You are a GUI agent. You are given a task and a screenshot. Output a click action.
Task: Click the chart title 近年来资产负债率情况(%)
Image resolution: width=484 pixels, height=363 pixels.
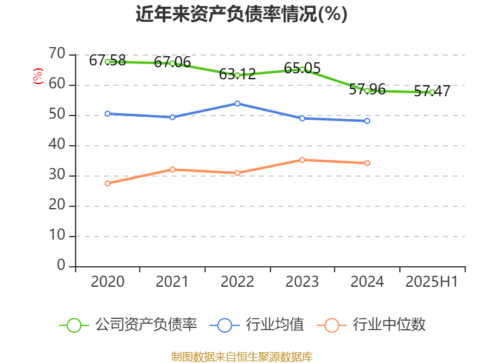241,15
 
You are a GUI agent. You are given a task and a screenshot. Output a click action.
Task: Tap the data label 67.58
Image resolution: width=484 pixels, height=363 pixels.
107,60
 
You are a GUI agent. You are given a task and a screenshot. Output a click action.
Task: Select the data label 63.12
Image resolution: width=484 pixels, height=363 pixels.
237,74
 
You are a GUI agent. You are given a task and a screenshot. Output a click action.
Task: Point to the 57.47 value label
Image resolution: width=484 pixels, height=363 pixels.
432,91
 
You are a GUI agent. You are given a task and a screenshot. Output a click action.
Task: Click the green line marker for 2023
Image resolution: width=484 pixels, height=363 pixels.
302,69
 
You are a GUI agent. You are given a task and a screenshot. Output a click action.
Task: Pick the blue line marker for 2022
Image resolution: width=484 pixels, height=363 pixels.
237,103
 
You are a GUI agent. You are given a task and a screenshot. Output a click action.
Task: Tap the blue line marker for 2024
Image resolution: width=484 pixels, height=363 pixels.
367,121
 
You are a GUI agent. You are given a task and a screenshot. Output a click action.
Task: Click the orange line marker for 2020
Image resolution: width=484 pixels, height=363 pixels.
107,183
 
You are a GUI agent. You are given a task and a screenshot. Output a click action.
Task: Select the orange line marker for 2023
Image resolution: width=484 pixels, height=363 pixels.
302,160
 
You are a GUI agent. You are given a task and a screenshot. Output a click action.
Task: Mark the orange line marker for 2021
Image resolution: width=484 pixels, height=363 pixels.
172,169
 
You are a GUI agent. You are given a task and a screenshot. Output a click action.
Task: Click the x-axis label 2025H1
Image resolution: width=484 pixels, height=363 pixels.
432,282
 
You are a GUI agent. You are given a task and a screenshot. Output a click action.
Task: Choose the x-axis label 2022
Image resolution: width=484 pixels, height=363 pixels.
237,282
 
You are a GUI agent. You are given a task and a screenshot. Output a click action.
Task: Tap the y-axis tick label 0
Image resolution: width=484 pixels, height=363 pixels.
60,266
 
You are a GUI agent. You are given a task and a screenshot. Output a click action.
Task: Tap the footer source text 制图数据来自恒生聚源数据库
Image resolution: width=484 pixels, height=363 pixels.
241,356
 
